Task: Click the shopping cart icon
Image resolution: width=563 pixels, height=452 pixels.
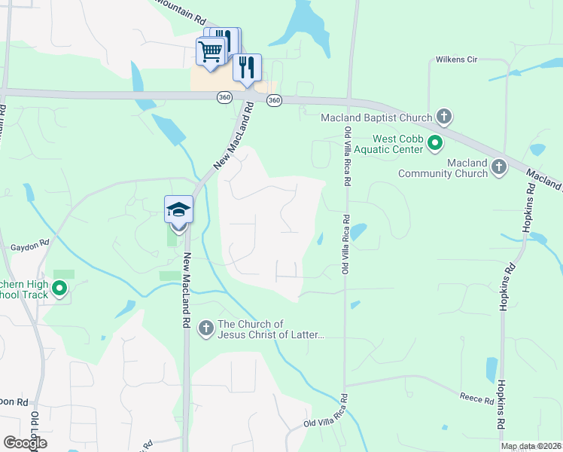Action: pyautogui.click(x=211, y=51)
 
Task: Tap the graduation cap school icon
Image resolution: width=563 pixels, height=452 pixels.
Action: pyautogui.click(x=178, y=209)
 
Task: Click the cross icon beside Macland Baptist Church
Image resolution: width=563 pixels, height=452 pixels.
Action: pyautogui.click(x=444, y=117)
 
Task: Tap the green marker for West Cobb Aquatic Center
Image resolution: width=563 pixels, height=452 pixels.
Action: pyautogui.click(x=434, y=142)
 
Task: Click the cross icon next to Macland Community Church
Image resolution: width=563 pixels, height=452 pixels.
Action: pyautogui.click(x=498, y=167)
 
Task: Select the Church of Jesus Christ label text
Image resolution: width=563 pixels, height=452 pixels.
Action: pyautogui.click(x=271, y=329)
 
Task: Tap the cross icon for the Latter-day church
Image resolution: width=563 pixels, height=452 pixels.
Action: pyautogui.click(x=205, y=328)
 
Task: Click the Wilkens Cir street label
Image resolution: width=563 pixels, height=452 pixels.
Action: pyautogui.click(x=458, y=60)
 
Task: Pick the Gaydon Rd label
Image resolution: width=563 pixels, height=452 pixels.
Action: pyautogui.click(x=29, y=245)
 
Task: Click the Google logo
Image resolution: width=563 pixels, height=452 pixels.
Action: pyautogui.click(x=25, y=443)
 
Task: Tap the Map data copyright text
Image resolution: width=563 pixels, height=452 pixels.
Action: pyautogui.click(x=531, y=446)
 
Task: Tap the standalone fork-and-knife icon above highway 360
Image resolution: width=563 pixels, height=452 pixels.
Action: pyautogui.click(x=247, y=68)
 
